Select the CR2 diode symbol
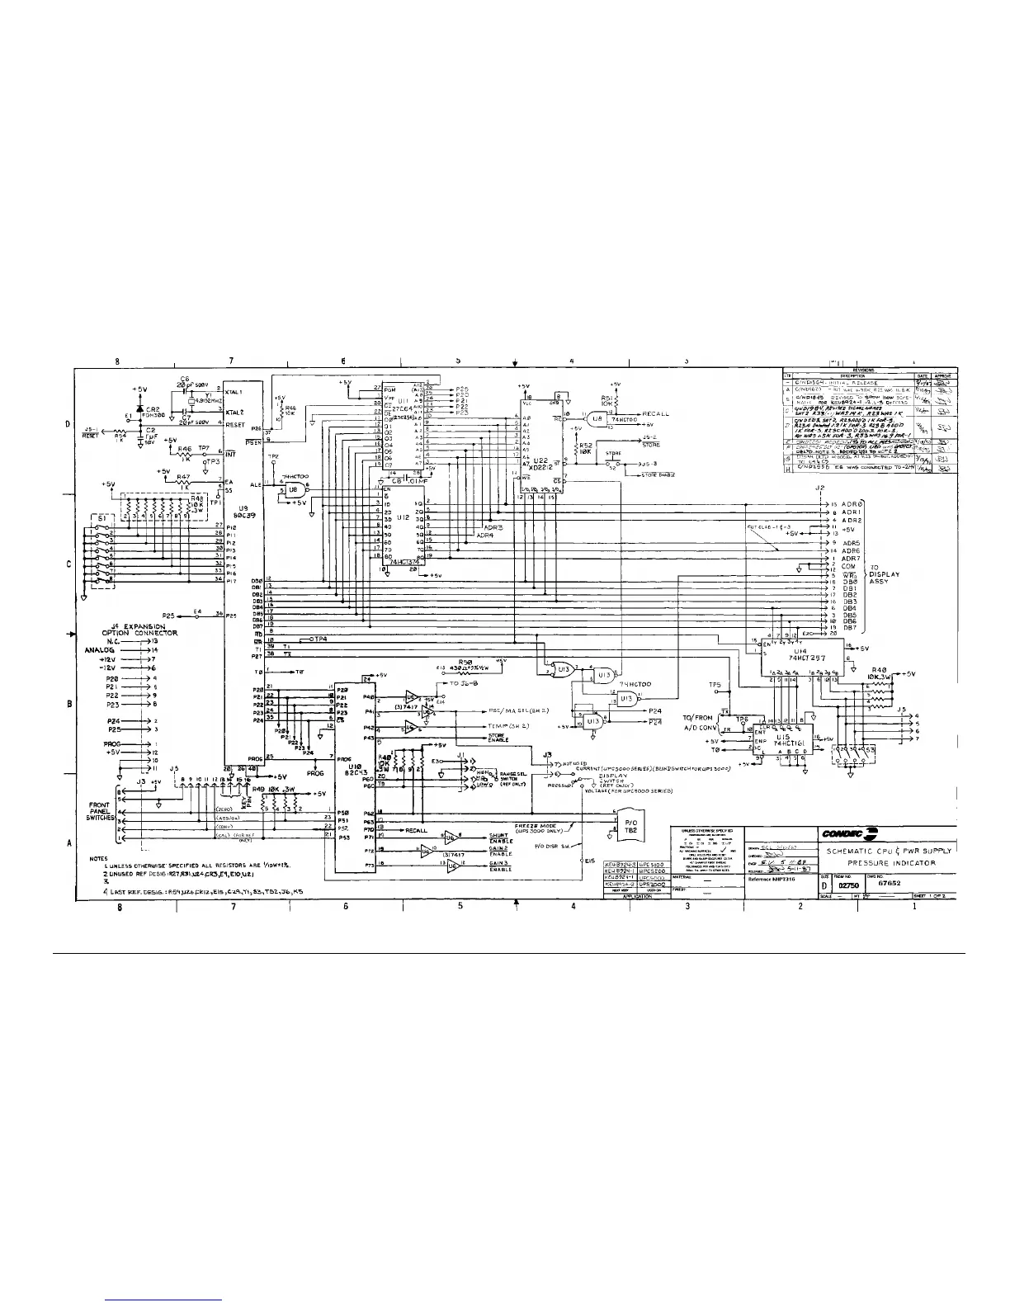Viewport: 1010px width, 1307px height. tap(139, 408)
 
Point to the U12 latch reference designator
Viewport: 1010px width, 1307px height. tap(402, 517)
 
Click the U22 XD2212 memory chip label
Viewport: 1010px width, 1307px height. tap(540, 464)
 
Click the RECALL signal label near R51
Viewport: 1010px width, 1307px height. tap(654, 413)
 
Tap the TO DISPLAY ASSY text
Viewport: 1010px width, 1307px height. tap(884, 574)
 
